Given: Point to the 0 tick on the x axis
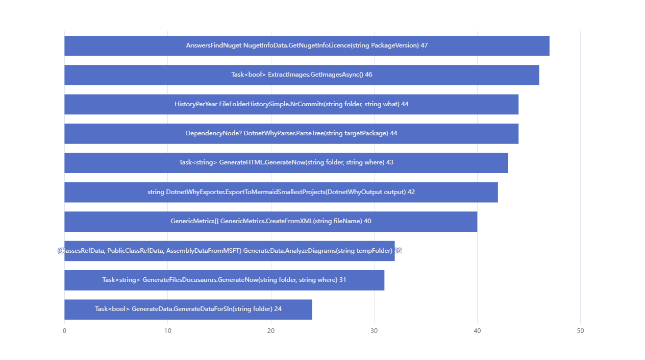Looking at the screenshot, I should (x=64, y=331).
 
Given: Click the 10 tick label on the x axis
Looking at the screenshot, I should (x=167, y=331).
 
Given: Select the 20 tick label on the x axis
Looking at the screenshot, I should (x=271, y=331).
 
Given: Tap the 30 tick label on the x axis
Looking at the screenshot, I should (x=374, y=331).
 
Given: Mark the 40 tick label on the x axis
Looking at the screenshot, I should (x=477, y=331).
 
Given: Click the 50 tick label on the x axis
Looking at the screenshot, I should (x=580, y=331).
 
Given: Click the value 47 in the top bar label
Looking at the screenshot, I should (x=424, y=45).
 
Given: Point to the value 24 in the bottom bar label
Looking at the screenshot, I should (x=278, y=309).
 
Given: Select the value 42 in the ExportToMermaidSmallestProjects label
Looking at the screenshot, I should (x=411, y=192).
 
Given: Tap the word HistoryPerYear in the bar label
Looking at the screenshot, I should (x=196, y=104).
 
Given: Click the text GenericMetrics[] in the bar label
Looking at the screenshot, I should (x=194, y=221).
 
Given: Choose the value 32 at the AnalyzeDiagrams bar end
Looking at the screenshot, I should (x=398, y=251).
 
